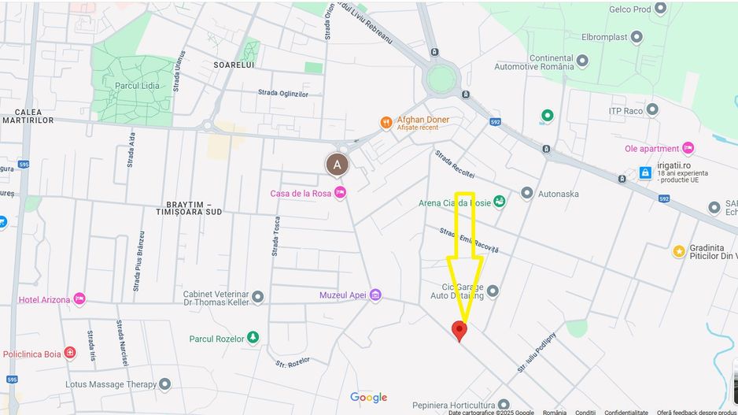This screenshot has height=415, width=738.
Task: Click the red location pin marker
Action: (x=459, y=330)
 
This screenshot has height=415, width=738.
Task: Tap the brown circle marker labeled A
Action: (x=338, y=165)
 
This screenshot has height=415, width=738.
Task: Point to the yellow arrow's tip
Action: (x=465, y=318)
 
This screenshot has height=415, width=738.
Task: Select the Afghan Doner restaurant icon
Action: (x=386, y=122)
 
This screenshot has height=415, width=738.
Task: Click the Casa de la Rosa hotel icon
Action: (x=340, y=193)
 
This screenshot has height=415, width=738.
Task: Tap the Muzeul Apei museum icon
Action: (x=375, y=295)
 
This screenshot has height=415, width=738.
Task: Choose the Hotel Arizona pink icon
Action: (x=79, y=299)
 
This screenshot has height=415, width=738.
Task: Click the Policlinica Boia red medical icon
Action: (x=70, y=354)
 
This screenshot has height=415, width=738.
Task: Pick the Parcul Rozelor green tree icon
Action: (x=253, y=339)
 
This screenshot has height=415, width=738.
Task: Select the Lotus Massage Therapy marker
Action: (x=164, y=384)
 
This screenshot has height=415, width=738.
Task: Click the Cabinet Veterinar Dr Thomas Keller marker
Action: (x=257, y=298)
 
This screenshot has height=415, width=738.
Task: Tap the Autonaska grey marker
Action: (x=526, y=194)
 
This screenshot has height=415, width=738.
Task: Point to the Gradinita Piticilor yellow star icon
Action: (x=678, y=251)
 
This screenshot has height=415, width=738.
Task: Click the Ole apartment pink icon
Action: (x=688, y=148)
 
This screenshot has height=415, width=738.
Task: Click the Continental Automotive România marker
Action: (x=582, y=61)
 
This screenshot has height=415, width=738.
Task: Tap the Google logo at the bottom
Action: (x=368, y=398)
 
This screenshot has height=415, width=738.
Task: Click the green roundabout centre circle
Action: (x=442, y=79)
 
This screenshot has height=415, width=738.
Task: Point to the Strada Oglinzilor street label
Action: (x=283, y=93)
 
